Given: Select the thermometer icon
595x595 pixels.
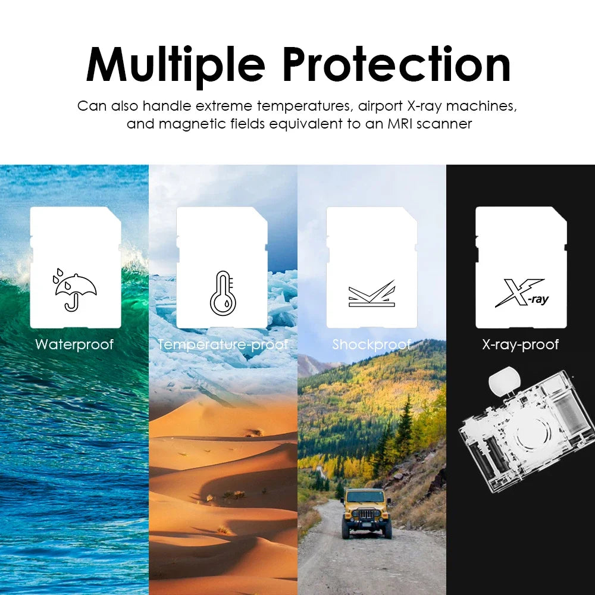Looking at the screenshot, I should (x=223, y=293).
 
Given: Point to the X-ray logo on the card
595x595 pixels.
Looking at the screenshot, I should (x=521, y=293).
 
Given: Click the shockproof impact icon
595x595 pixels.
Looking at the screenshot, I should (x=371, y=294).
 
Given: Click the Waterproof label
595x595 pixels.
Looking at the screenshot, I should (x=74, y=345).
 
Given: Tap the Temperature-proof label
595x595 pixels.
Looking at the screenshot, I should (x=223, y=345).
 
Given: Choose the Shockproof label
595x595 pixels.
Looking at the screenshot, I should (x=371, y=345).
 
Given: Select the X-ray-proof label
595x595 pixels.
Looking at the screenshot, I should (x=521, y=345).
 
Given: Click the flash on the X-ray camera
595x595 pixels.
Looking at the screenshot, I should (x=504, y=381).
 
